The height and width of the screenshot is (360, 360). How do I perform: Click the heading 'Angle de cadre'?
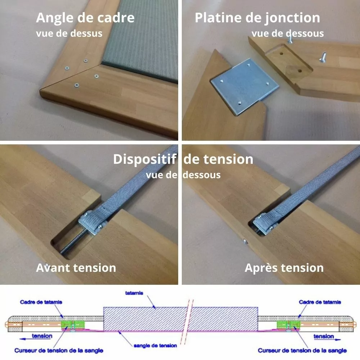(85, 18)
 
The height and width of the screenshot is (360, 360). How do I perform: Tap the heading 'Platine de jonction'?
(257, 18)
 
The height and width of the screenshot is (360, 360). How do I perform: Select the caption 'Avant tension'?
(76, 268)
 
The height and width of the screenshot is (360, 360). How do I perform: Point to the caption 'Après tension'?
(284, 268)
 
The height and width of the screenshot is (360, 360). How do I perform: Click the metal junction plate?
(245, 86)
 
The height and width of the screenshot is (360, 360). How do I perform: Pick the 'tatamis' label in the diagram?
(134, 293)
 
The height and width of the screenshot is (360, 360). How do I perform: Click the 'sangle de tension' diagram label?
(155, 346)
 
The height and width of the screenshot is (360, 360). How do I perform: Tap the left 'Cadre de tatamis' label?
(41, 302)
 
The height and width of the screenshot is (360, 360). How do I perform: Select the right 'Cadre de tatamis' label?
(320, 302)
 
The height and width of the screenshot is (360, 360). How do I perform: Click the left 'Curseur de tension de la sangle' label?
(59, 351)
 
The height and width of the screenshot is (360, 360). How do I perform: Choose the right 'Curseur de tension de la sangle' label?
(302, 351)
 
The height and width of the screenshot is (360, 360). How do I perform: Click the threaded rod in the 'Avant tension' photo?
(73, 242)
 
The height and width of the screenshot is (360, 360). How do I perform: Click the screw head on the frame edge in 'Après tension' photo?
(245, 241)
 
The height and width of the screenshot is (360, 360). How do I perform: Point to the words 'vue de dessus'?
(69, 33)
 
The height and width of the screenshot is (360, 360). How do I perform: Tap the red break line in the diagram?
(186, 322)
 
